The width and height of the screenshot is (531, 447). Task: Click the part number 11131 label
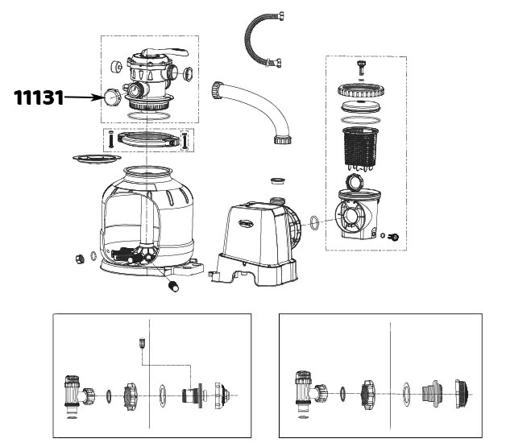39,97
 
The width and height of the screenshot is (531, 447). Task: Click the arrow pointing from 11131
85,97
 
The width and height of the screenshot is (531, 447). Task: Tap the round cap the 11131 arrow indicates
112,97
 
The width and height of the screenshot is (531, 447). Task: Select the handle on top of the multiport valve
165,52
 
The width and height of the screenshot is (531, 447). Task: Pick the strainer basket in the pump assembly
359,147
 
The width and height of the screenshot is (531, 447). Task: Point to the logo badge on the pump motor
247,223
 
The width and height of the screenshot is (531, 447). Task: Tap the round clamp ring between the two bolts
148,139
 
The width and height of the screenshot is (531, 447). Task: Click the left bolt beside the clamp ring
110,139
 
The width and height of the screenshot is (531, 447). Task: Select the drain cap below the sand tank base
173,286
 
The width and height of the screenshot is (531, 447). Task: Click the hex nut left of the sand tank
80,259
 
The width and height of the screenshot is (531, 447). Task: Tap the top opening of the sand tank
147,170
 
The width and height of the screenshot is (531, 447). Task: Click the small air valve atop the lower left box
142,343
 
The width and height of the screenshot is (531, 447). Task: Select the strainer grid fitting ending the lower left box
222,395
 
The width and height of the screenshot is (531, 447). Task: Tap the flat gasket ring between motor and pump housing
314,222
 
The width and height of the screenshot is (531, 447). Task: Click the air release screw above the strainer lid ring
362,68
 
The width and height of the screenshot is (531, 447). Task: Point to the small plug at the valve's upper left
116,66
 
